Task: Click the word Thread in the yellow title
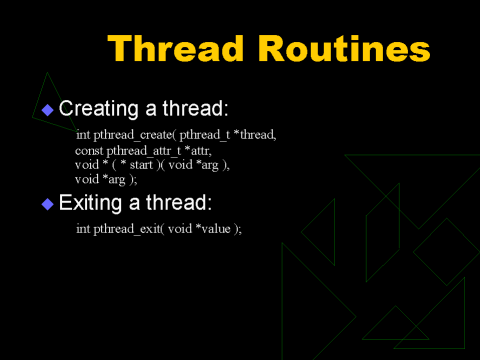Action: (175, 49)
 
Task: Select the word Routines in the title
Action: (344, 49)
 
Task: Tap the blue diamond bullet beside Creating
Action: (48, 110)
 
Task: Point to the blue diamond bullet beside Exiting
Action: (48, 204)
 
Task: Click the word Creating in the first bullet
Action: (98, 109)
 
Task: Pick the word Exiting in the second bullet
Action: (90, 203)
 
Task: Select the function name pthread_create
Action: (133, 135)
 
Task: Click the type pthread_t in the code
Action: (205, 135)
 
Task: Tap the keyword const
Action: (89, 151)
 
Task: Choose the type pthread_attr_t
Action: (144, 151)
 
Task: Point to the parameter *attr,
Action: (198, 151)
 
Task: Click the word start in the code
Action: (141, 165)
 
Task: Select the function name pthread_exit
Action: (127, 229)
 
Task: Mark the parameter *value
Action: (213, 229)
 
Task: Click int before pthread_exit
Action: (83, 229)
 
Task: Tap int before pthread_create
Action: (83, 135)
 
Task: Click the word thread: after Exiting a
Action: (179, 203)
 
